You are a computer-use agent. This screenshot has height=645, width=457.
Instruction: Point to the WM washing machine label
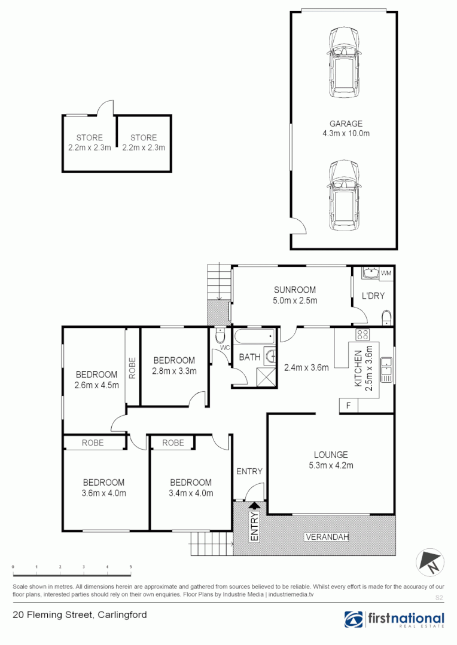click(386, 273)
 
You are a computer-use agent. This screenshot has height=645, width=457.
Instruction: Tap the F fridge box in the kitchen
click(348, 406)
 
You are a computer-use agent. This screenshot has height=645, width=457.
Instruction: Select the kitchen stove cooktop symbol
click(362, 334)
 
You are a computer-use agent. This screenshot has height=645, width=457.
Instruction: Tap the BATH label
click(249, 358)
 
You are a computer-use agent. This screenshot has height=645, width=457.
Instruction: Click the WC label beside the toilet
click(225, 348)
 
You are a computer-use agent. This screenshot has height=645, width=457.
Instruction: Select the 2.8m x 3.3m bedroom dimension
click(174, 370)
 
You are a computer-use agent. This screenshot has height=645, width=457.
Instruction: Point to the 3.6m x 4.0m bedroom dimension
click(103, 493)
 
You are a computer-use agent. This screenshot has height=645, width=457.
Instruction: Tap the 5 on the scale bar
click(130, 566)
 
